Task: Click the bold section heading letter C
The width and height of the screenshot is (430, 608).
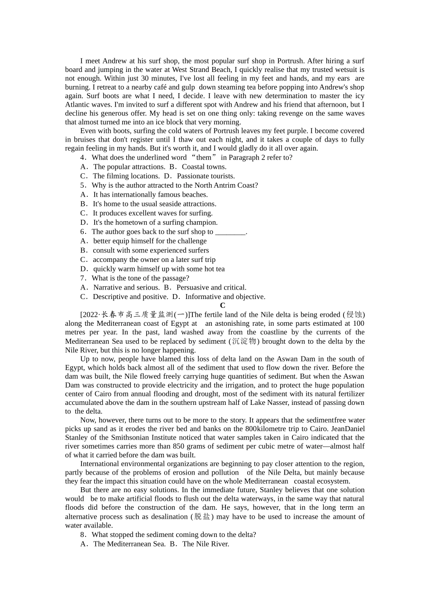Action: [x=222, y=305]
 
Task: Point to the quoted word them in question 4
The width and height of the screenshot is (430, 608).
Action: [x=204, y=157]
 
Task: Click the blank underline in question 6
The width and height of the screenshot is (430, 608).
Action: [x=230, y=232]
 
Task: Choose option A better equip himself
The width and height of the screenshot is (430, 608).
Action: [x=143, y=241]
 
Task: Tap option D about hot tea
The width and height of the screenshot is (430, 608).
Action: [x=153, y=269]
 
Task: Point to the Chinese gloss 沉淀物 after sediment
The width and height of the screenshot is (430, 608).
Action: [x=244, y=341]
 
